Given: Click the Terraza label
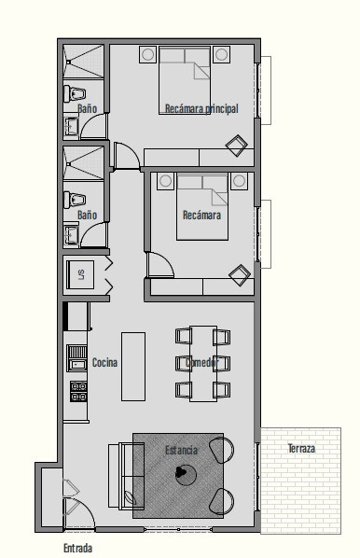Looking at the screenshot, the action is [301, 449].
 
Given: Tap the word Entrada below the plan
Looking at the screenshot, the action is [78, 548].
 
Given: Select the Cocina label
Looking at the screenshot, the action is [104, 362].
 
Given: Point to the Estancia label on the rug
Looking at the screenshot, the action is [181, 450].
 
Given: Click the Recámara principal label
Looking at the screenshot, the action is [201, 108].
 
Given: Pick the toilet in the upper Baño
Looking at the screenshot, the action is [75, 94].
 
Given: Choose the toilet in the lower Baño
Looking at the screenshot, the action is [75, 200].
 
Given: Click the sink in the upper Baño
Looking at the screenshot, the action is [71, 126].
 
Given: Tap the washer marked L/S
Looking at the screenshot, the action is [80, 274].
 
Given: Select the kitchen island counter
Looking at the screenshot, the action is [133, 367].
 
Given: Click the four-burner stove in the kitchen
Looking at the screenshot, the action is [78, 392].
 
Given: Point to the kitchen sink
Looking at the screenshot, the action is [77, 358].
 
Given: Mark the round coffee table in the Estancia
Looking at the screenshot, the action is [186, 474].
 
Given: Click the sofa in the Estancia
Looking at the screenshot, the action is [126, 476].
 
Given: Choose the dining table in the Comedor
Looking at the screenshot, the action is [203, 364].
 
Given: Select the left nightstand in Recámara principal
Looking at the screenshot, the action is [147, 54].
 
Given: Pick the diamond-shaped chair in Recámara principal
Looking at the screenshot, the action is [237, 146].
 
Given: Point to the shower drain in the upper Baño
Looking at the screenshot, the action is [69, 63].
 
